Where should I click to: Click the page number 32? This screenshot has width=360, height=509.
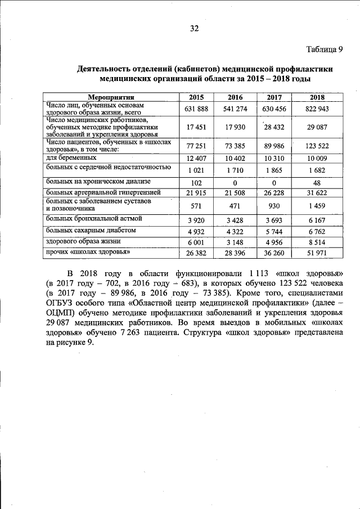pyautogui.click(x=195, y=29)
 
